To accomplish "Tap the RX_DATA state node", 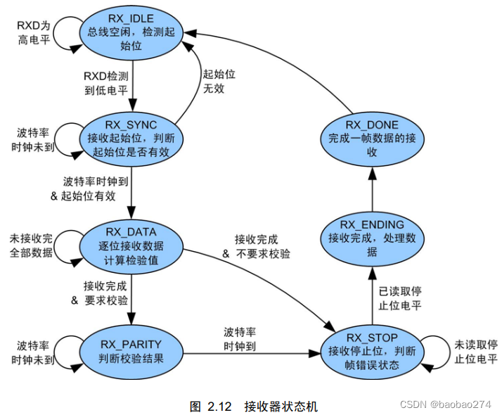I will pyautogui.click(x=131, y=244).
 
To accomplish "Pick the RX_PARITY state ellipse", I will pyautogui.click(x=131, y=350).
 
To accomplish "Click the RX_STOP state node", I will pyautogui.click(x=372, y=350).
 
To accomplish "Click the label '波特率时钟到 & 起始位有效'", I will pyautogui.click(x=84, y=189).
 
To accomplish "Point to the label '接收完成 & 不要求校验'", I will pyautogui.click(x=257, y=247).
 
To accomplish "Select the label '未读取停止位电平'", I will pyautogui.click(x=475, y=352).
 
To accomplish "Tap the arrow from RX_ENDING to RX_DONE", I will pyautogui.click(x=372, y=190).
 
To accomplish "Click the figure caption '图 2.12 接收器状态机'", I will pyautogui.click(x=254, y=406).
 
